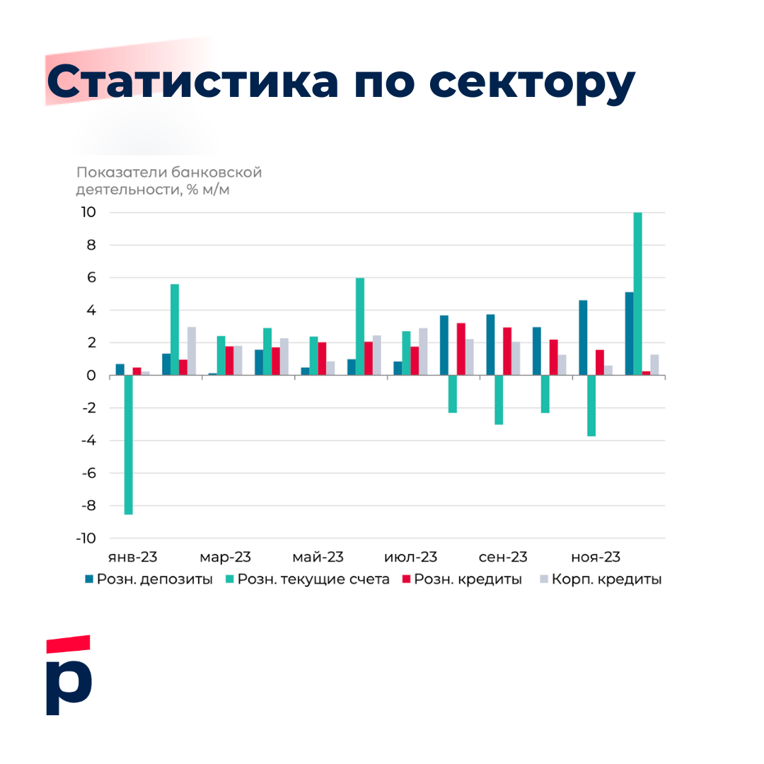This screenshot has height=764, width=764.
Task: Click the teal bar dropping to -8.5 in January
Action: tap(128, 444)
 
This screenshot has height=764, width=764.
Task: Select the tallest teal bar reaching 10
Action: tap(637, 294)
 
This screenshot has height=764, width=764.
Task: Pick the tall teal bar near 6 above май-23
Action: tap(359, 326)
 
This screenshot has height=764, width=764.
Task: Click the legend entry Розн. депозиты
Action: tap(149, 579)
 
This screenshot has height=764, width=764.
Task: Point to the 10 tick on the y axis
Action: tap(88, 212)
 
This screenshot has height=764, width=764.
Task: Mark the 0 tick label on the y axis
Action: tap(92, 376)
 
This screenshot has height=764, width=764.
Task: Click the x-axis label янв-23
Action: tap(133, 557)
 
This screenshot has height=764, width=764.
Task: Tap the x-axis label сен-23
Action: tap(503, 557)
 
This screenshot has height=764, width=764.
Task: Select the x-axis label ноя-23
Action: tap(596, 557)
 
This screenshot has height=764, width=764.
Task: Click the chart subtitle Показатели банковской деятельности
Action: tap(169, 180)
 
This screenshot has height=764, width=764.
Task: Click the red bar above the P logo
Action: tap(68, 643)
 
